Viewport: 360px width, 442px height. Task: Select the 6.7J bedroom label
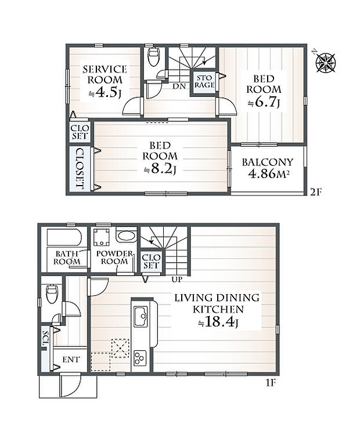[x=264, y=91]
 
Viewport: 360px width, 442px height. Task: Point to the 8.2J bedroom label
[x=160, y=158]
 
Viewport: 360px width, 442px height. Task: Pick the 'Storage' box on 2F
[x=204, y=81]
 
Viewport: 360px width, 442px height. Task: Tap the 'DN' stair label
[x=179, y=86]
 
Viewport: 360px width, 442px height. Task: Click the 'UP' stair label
[x=177, y=280]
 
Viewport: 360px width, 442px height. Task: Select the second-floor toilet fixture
[x=154, y=57]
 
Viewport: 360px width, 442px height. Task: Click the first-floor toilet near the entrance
[x=52, y=294]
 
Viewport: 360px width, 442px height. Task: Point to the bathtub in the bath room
[x=64, y=237]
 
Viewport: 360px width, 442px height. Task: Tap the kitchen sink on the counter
[x=141, y=317]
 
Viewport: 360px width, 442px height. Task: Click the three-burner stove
[x=140, y=358]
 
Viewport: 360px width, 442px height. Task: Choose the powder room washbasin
[x=127, y=236]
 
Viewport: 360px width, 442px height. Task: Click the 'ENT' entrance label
[x=71, y=360]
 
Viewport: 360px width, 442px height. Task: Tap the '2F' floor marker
[x=316, y=192]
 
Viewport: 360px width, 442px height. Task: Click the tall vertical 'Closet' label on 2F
[x=80, y=169]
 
